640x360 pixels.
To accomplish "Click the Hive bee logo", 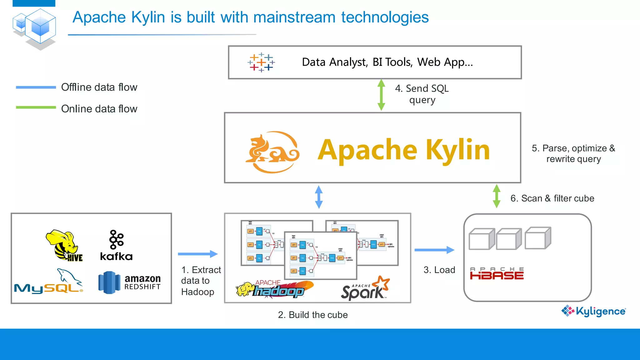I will point(64,246).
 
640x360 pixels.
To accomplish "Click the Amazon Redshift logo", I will point(129,282).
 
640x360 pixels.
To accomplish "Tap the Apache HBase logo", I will point(497,273).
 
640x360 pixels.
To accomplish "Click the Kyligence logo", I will point(593,311).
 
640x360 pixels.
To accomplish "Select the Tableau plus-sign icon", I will point(261,62).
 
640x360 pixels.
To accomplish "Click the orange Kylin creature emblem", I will point(272,152).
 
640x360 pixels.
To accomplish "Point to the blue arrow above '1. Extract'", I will point(197,254).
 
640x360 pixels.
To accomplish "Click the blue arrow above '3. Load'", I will point(434,250).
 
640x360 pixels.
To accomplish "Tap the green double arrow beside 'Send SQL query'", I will point(381,95).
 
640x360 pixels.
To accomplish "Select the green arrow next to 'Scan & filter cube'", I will point(496,196).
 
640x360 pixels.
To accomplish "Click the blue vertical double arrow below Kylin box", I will point(318,197).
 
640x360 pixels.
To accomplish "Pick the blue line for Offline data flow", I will point(36,87).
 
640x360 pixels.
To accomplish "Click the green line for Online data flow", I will point(36,107).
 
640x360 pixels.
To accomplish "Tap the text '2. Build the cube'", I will point(312,315).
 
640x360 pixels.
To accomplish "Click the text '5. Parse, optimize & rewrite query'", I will point(573,153).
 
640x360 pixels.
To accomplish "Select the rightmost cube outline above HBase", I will point(538,238).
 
